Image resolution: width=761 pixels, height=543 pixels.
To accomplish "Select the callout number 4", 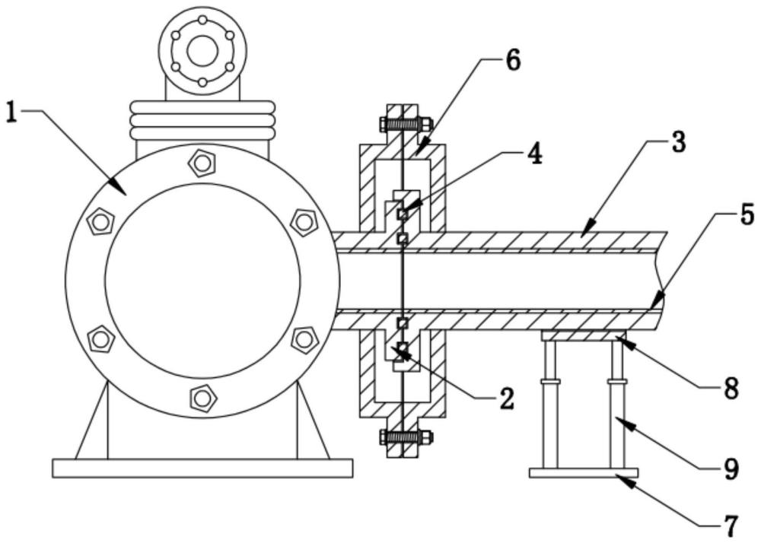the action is pyautogui.click(x=534, y=154).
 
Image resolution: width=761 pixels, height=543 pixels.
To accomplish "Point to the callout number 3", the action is pyautogui.click(x=677, y=141).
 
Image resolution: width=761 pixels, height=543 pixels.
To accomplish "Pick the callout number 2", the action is pyautogui.click(x=505, y=399).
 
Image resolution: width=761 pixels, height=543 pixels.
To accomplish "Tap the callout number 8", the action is pyautogui.click(x=731, y=388).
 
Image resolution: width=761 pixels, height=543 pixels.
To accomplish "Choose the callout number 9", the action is pyautogui.click(x=731, y=468).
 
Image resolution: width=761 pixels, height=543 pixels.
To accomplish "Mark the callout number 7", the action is pyautogui.click(x=731, y=525).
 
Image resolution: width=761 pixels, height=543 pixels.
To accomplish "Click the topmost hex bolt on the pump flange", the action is pyautogui.click(x=202, y=164).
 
